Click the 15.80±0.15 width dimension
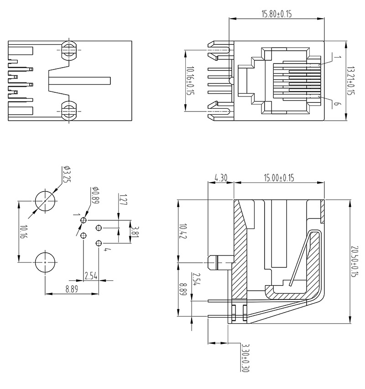(276, 14)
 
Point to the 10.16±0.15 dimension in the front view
(190, 81)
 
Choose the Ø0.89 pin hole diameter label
(95, 195)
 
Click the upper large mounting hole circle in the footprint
(46, 201)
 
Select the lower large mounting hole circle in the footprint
(46, 263)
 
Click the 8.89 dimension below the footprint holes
(72, 288)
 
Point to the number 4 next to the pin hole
(106, 250)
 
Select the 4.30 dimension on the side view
(221, 177)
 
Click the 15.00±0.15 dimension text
(279, 177)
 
